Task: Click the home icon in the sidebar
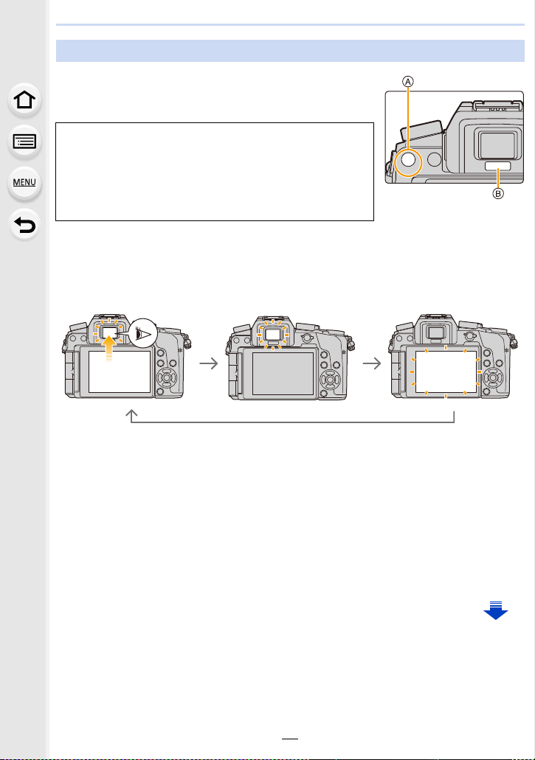coord(24,100)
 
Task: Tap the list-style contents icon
coord(24,142)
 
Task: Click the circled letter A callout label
coord(408,82)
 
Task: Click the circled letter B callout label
coord(497,193)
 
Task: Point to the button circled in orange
coord(408,160)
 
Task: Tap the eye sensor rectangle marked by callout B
coord(497,167)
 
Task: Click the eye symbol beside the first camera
coord(143,333)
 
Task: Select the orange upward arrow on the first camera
coord(110,348)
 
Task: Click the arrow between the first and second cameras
coord(209,363)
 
